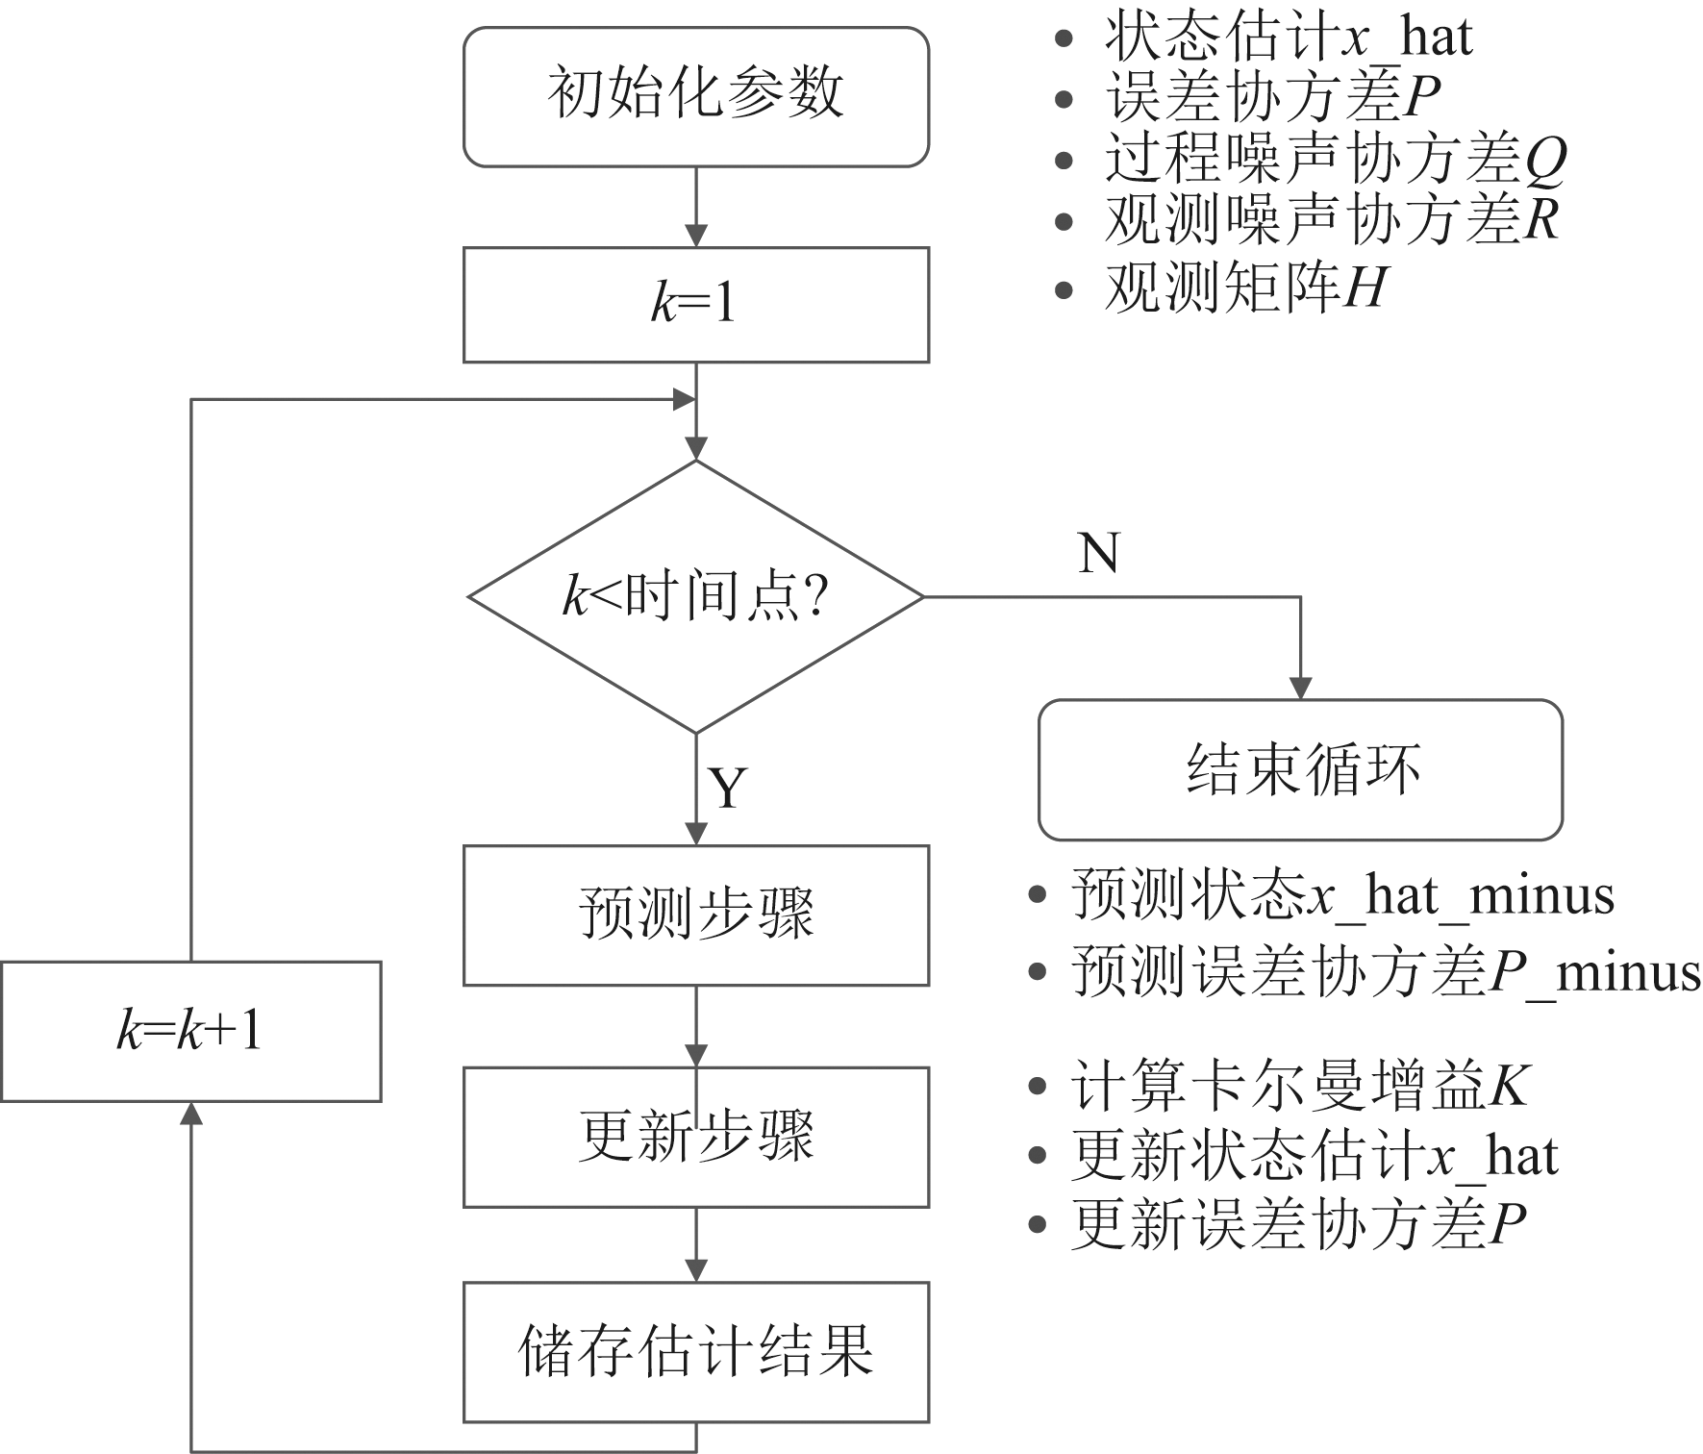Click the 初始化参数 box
tap(695, 96)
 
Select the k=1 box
tap(695, 304)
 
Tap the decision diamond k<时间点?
tap(695, 597)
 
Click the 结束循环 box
tap(1300, 769)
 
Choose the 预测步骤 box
tap(695, 915)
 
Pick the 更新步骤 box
tap(695, 1137)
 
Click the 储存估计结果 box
tap(695, 1351)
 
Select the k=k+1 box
tap(190, 1031)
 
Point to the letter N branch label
tap(1099, 554)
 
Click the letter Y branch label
tap(728, 789)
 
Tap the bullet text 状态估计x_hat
tap(1287, 38)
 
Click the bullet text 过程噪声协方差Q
tap(1335, 159)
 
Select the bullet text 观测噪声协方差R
tap(1331, 220)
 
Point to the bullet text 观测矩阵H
tap(1244, 287)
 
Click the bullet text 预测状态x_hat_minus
tap(1342, 895)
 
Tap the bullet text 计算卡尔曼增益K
tap(1298, 1087)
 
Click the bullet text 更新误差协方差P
tap(1298, 1224)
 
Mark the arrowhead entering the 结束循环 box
tap(1300, 689)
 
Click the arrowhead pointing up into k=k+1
tap(191, 1114)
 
